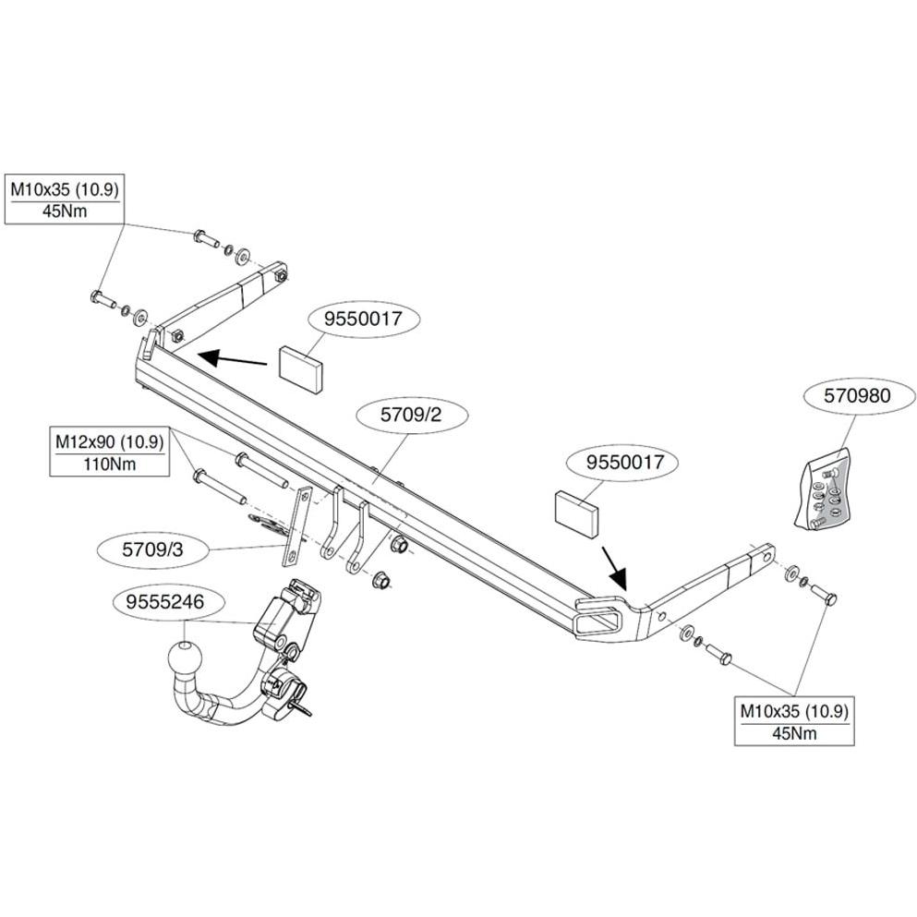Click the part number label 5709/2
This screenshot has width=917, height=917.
(x=411, y=415)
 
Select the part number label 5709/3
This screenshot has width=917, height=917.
(x=152, y=549)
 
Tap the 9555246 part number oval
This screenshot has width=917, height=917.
(x=166, y=601)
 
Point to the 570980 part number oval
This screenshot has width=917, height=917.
(x=857, y=396)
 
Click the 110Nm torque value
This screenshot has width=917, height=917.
(x=109, y=465)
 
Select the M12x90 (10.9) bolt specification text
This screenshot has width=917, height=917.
(x=109, y=441)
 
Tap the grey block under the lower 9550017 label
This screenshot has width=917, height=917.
(x=576, y=513)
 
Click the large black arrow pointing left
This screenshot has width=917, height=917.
(x=232, y=358)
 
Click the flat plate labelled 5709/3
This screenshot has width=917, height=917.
(x=295, y=527)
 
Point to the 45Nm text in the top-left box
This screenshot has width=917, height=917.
(x=65, y=211)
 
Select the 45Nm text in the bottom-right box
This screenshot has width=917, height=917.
(x=794, y=733)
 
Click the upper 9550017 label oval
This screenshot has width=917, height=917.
(x=364, y=320)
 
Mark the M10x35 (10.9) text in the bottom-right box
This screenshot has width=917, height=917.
(x=794, y=712)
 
